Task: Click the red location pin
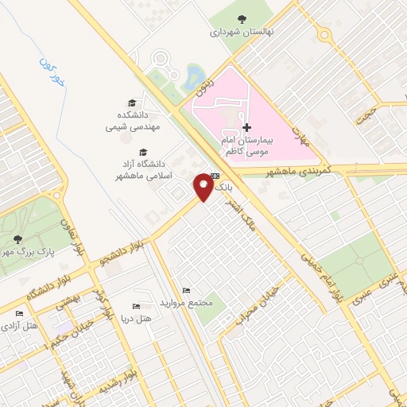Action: coord(203,188)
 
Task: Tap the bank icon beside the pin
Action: coord(215,176)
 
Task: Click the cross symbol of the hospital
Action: coord(247,127)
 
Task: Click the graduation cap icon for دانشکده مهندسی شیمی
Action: coord(132,103)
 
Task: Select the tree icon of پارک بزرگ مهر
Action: coord(17,239)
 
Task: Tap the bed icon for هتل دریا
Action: coord(135,306)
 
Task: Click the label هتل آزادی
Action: coord(20,326)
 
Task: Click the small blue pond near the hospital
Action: coord(193,78)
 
